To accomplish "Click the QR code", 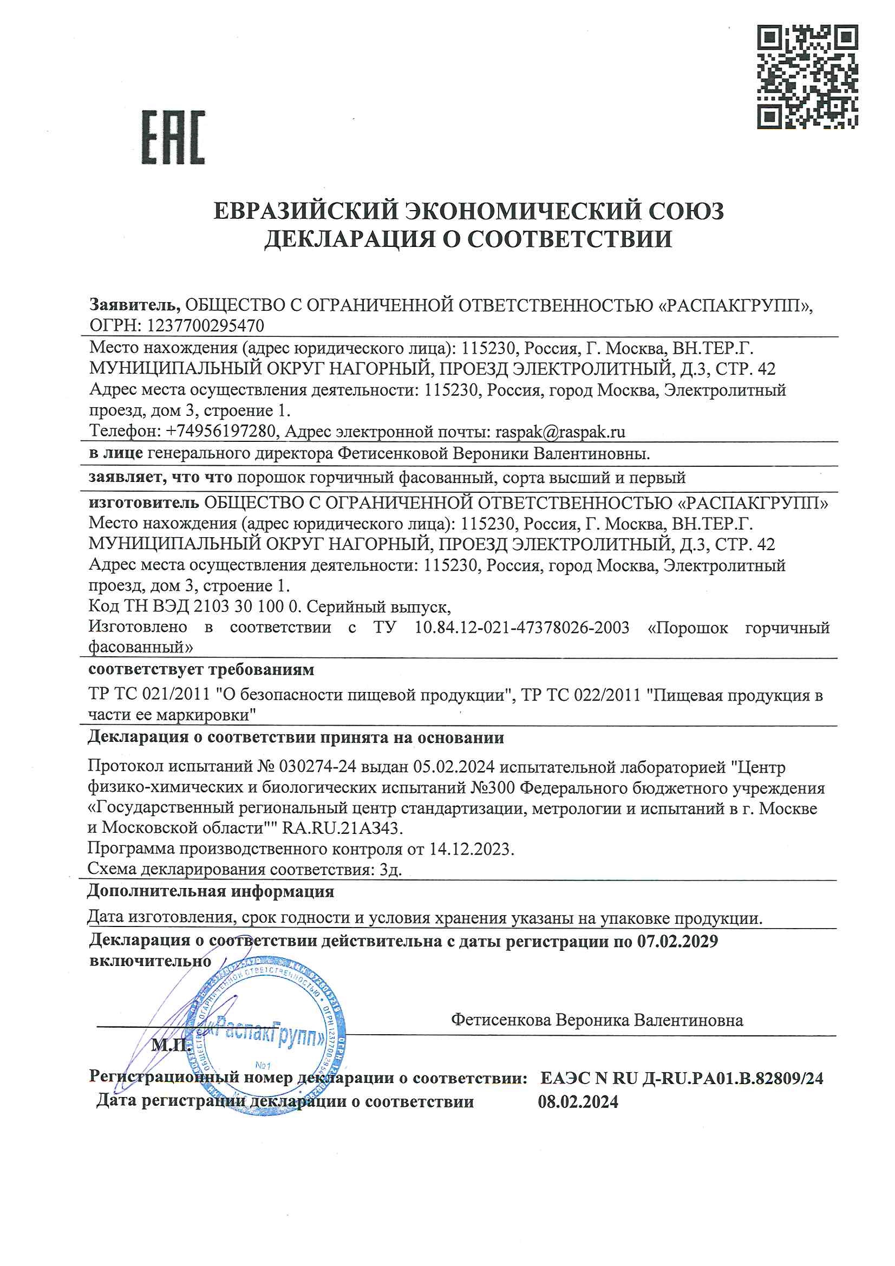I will [807, 77].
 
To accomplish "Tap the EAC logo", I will [173, 138].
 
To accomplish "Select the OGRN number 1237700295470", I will [205, 326].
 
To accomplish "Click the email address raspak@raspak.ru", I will [560, 431].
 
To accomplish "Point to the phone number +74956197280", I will [220, 431].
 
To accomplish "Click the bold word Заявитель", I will [135, 304].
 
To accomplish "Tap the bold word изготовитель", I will [143, 503].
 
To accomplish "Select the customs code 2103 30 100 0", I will [246, 606].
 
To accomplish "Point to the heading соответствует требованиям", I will [201, 669].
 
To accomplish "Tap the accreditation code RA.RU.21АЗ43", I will [342, 827].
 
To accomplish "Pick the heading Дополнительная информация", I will [211, 892].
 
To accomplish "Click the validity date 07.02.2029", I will [678, 941].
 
